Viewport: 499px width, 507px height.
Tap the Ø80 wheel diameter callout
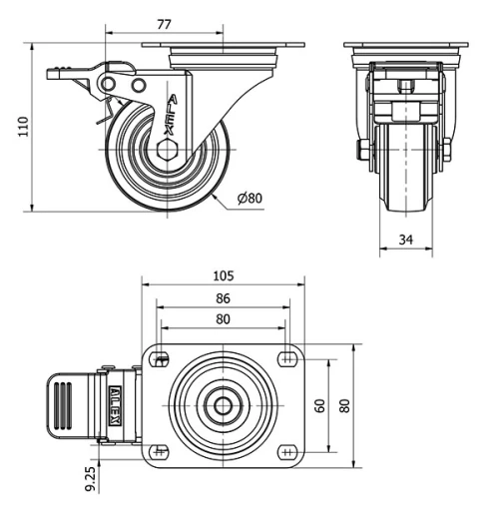click(x=249, y=198)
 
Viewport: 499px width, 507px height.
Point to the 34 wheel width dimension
click(x=405, y=240)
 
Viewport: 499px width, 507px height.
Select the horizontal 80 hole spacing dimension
click(x=223, y=319)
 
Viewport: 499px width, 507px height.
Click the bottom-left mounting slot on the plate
click(x=158, y=451)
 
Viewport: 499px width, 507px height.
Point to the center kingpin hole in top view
click(x=222, y=405)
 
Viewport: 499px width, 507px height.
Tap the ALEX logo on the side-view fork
click(x=171, y=115)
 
